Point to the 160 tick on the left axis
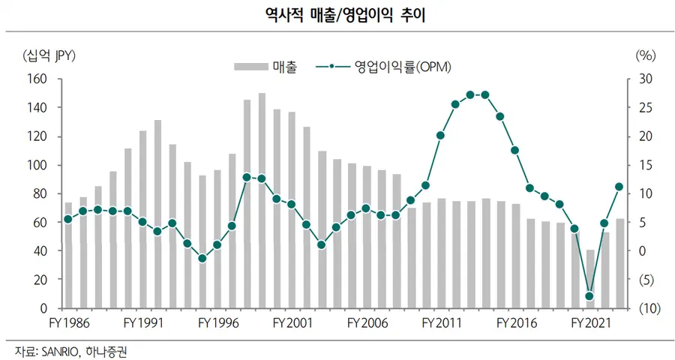coord(37,79)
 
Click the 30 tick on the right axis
coord(646,79)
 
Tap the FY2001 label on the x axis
coord(294,323)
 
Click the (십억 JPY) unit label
coord(50,55)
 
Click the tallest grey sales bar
coord(262,200)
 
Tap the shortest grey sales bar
coord(589,278)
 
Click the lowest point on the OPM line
coord(589,296)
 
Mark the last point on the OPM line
coord(619,187)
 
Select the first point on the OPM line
coord(68,219)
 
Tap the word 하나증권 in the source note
coord(112,350)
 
